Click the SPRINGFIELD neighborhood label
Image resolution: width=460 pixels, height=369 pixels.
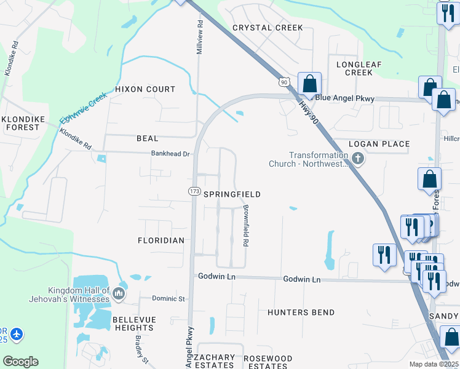pos(232,194)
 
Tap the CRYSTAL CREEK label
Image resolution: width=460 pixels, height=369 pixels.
pos(268,28)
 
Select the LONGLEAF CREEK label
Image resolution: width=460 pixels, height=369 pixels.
pos(354,68)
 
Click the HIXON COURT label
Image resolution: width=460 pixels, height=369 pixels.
pos(146,89)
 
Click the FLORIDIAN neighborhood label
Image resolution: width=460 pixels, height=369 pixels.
pos(161,240)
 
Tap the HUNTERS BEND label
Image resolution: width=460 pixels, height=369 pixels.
pos(301,312)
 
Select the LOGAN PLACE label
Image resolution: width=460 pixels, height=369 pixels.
pos(379,144)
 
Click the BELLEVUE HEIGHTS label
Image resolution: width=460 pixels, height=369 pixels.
pos(134,323)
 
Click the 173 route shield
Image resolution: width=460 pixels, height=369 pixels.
pos(194,192)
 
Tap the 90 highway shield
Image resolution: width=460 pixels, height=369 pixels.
pos(283,81)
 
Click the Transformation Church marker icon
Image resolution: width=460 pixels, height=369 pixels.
pos(358,160)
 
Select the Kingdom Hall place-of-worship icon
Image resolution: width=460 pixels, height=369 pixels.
pos(119,295)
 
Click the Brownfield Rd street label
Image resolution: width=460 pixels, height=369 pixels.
pos(245,226)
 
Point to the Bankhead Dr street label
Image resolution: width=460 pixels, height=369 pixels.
pos(170,154)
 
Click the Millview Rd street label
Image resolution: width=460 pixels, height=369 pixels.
pos(200,37)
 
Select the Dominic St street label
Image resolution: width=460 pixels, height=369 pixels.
pos(169,299)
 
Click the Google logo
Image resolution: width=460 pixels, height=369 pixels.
pos(20,362)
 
